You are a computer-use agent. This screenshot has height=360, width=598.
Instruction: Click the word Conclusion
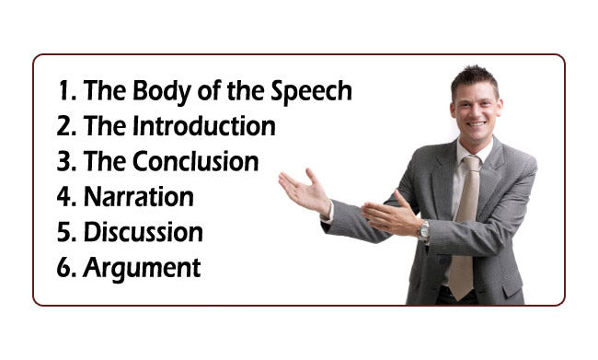(197, 162)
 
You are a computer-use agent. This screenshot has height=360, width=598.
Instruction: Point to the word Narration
(138, 197)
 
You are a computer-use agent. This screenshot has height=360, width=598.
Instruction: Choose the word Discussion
(143, 232)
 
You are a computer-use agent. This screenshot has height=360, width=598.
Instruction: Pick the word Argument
(142, 268)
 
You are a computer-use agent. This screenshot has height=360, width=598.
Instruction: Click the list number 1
(63, 91)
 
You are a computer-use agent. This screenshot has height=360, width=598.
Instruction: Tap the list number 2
(63, 126)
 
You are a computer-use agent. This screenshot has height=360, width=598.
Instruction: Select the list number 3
(63, 162)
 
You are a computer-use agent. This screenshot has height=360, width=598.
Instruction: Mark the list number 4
(64, 197)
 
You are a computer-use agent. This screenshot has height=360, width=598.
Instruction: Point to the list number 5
(63, 232)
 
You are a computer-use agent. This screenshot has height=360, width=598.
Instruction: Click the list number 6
(64, 268)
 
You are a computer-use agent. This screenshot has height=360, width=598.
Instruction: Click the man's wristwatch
(424, 230)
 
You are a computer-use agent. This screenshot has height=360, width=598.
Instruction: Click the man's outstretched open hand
(304, 192)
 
